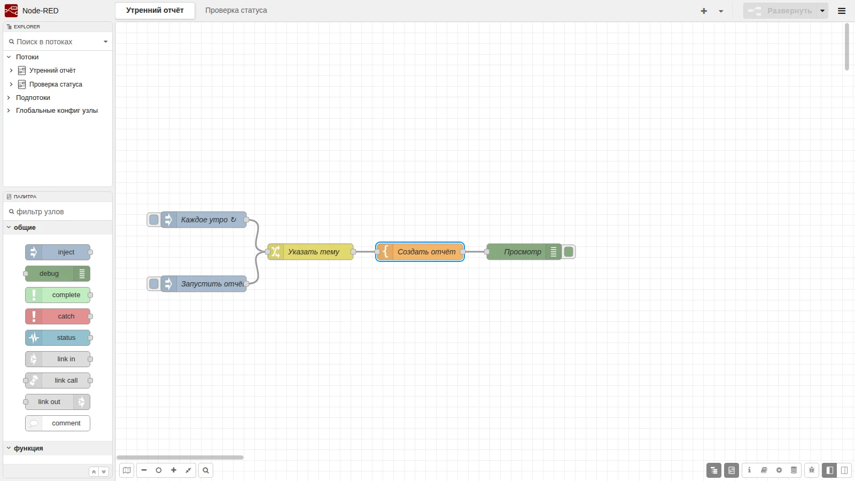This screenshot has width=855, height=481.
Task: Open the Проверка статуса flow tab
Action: pos(236,10)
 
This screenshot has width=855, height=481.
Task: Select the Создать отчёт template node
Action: pos(420,252)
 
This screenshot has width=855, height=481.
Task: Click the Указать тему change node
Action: pos(310,252)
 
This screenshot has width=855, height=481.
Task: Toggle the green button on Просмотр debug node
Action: pos(569,252)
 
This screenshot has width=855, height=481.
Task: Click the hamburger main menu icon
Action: pos(842,11)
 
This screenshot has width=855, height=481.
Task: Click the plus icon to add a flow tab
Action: pos(704,11)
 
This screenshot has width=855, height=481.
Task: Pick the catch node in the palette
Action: pos(58,316)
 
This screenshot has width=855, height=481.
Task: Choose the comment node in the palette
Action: pos(58,423)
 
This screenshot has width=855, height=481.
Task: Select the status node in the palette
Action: pos(58,337)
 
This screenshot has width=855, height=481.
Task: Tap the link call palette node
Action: pos(58,380)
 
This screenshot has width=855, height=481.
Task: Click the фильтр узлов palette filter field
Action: pos(57,212)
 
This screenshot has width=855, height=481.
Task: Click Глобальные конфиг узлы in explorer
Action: pos(57,110)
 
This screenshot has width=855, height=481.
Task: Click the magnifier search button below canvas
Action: pos(206,470)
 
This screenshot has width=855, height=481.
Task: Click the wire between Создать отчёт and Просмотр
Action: pos(475,252)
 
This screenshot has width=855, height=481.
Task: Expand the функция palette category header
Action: pos(28,448)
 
